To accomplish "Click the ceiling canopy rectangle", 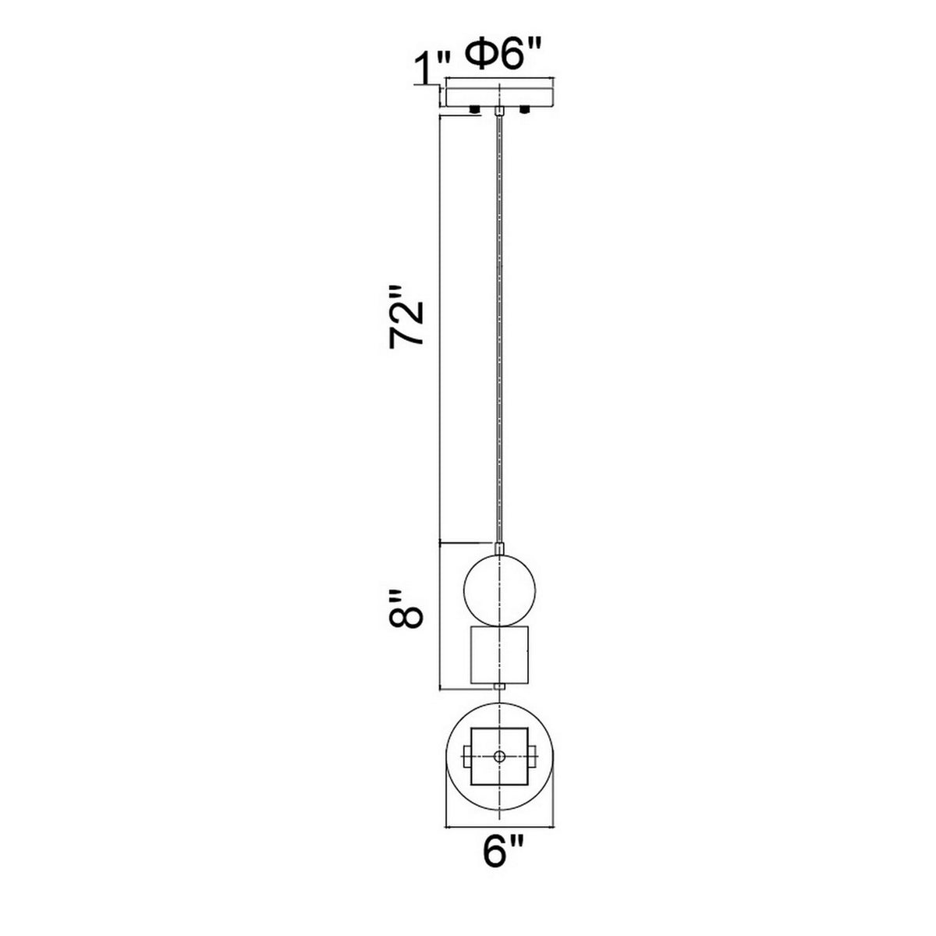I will tap(498, 94).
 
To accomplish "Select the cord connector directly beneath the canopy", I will tap(498, 113).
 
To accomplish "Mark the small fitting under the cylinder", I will tap(498, 686).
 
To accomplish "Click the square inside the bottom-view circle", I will tap(498, 757).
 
